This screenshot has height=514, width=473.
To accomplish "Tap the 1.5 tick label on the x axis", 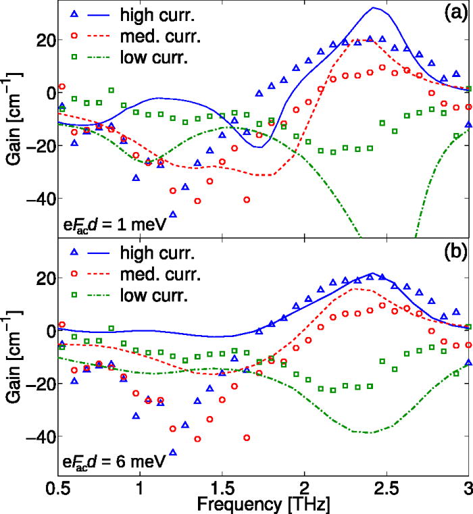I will [222, 486].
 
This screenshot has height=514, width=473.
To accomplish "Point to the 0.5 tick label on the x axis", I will [57, 486].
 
